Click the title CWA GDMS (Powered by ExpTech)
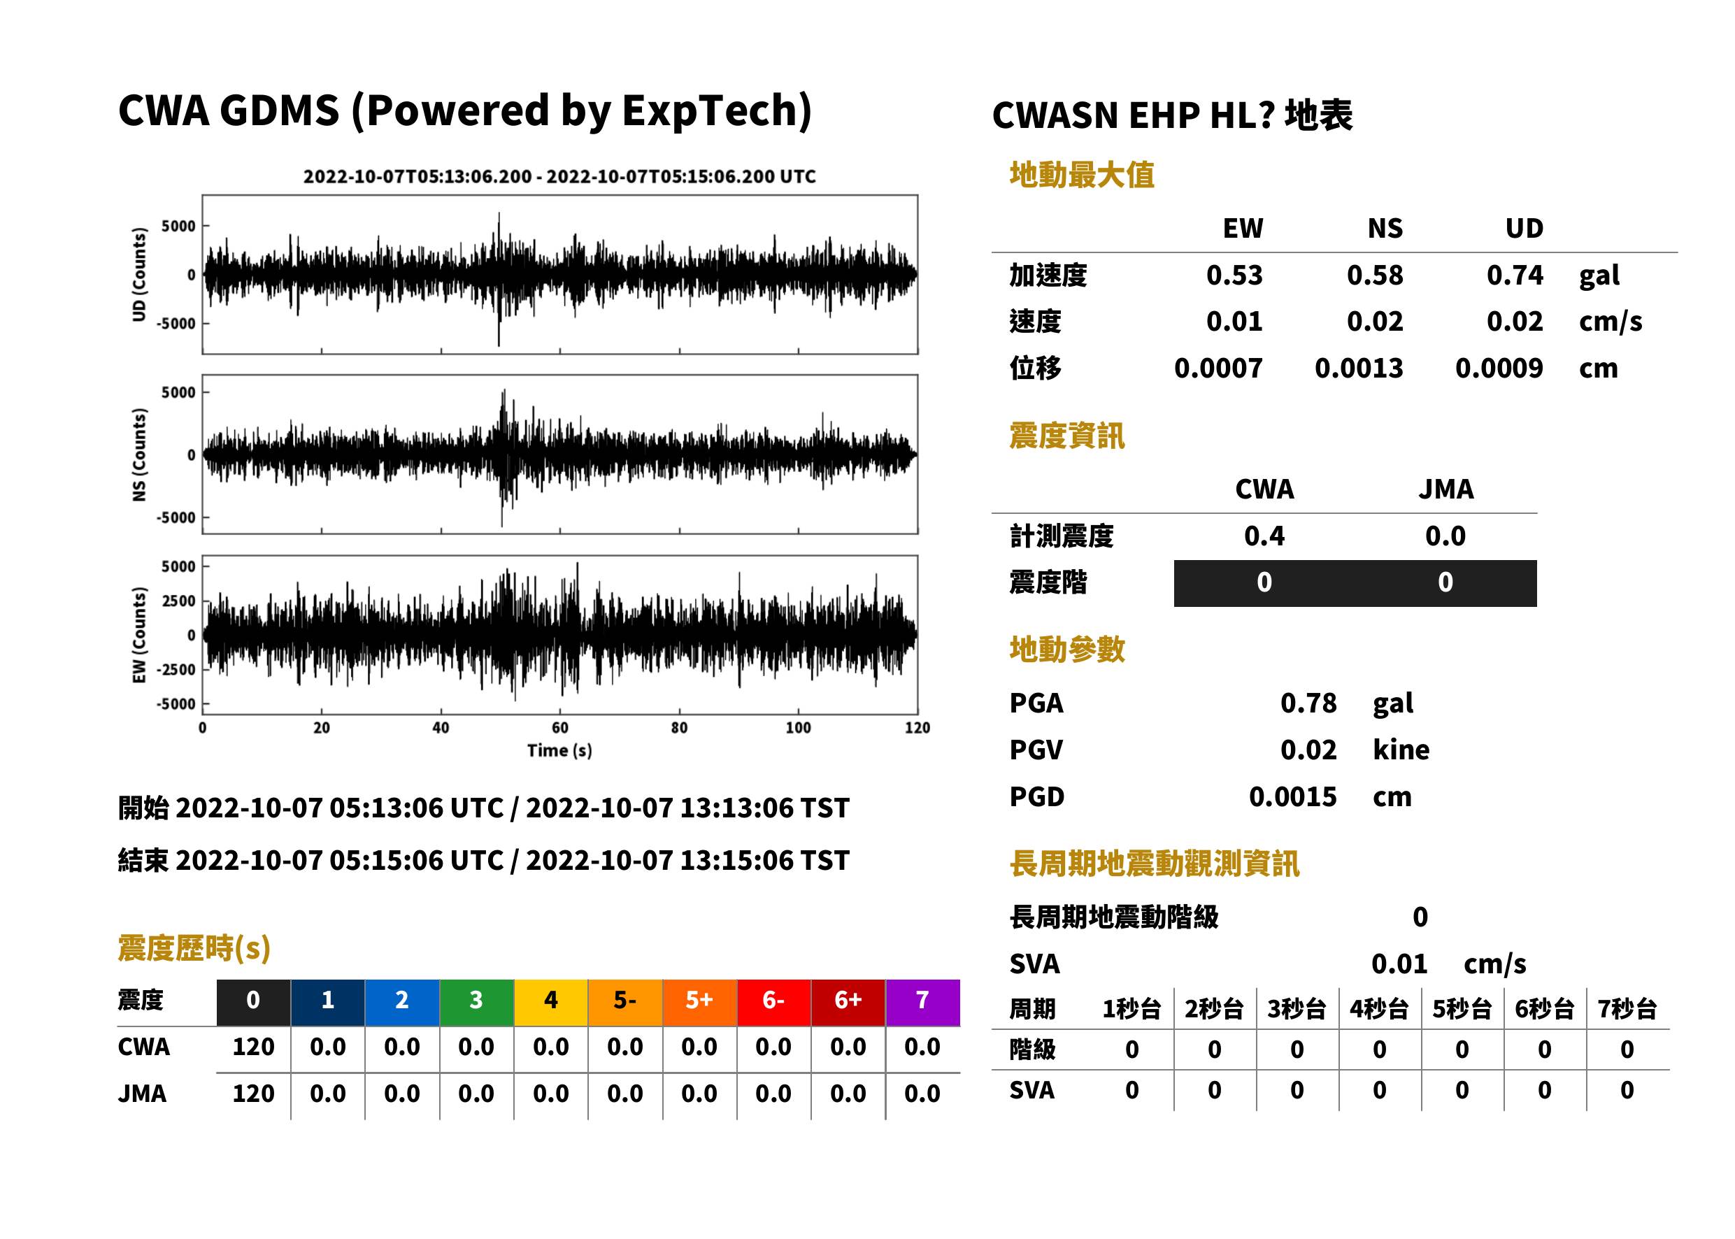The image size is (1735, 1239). pyautogui.click(x=464, y=111)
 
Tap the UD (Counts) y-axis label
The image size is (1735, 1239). pyautogui.click(x=139, y=275)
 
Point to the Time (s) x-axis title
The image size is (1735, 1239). pyautogui.click(x=559, y=751)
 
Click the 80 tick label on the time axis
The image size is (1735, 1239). pyautogui.click(x=679, y=728)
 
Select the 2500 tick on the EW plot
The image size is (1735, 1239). pyautogui.click(x=178, y=601)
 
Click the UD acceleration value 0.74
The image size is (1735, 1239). pyautogui.click(x=1515, y=275)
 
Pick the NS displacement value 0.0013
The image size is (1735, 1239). pyautogui.click(x=1359, y=368)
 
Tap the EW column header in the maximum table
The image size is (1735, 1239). pyautogui.click(x=1243, y=229)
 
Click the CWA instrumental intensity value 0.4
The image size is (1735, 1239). pyautogui.click(x=1264, y=536)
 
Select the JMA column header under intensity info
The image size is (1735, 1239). pyautogui.click(x=1446, y=489)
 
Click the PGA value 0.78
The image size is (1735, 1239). pyautogui.click(x=1308, y=703)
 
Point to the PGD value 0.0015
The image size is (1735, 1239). pyautogui.click(x=1293, y=797)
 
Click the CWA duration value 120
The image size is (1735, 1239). pyautogui.click(x=253, y=1047)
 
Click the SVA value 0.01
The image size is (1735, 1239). pyautogui.click(x=1399, y=964)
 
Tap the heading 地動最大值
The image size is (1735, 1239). pyautogui.click(x=1082, y=176)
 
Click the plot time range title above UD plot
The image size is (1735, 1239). pyautogui.click(x=559, y=177)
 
